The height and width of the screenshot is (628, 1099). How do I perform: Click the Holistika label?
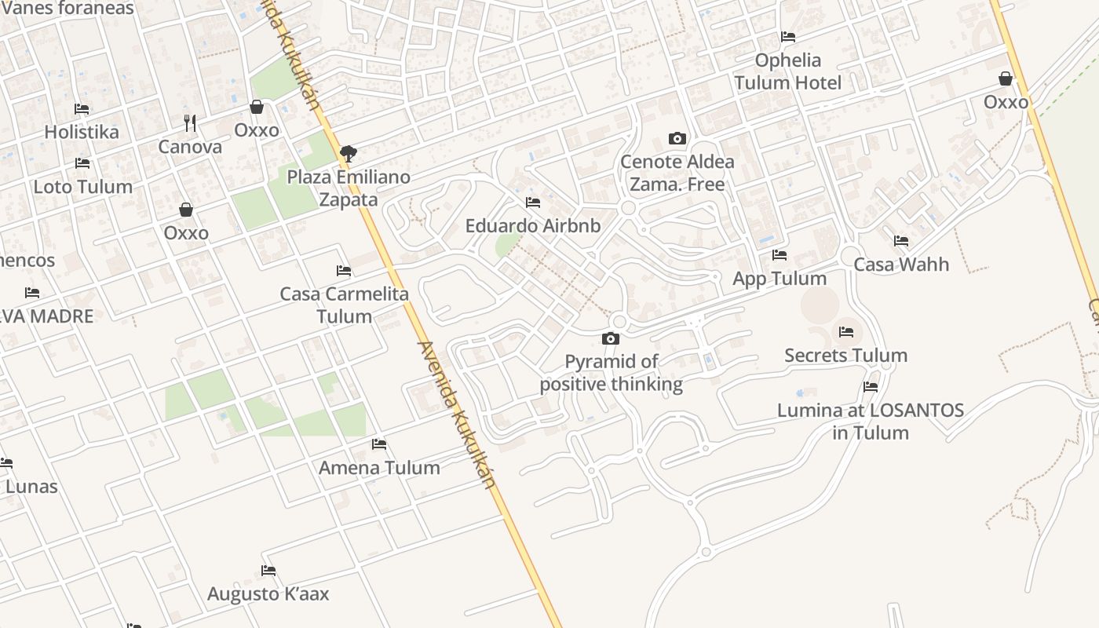(x=82, y=132)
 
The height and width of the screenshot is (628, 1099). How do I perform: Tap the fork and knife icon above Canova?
(x=190, y=123)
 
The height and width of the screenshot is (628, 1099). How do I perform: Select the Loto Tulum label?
(x=82, y=187)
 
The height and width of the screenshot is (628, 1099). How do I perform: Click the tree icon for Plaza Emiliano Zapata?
(x=348, y=153)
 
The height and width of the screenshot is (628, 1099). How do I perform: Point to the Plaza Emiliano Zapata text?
(x=349, y=188)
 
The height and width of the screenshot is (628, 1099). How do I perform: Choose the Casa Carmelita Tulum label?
(x=345, y=305)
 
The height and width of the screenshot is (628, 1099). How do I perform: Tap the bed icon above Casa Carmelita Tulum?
(x=344, y=271)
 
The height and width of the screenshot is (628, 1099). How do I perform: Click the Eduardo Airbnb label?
(x=533, y=226)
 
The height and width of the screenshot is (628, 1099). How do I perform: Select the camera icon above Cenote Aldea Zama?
(x=677, y=139)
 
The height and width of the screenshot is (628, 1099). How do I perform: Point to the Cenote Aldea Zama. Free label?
(x=677, y=173)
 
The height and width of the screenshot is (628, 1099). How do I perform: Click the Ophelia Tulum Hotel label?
(x=788, y=71)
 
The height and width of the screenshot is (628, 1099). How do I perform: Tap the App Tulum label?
(x=780, y=279)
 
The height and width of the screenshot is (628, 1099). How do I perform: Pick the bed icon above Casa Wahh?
(x=901, y=241)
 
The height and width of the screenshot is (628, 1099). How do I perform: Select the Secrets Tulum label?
(x=846, y=356)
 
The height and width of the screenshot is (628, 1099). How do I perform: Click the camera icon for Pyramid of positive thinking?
(x=610, y=339)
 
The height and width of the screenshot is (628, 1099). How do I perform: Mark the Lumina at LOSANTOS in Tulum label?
(x=871, y=422)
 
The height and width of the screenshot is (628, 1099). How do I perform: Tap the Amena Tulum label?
(x=379, y=468)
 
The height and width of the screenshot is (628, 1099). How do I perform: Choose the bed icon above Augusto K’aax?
(x=268, y=571)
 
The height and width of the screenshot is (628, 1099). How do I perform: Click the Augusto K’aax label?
(x=268, y=594)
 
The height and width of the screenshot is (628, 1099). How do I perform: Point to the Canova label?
(x=190, y=147)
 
